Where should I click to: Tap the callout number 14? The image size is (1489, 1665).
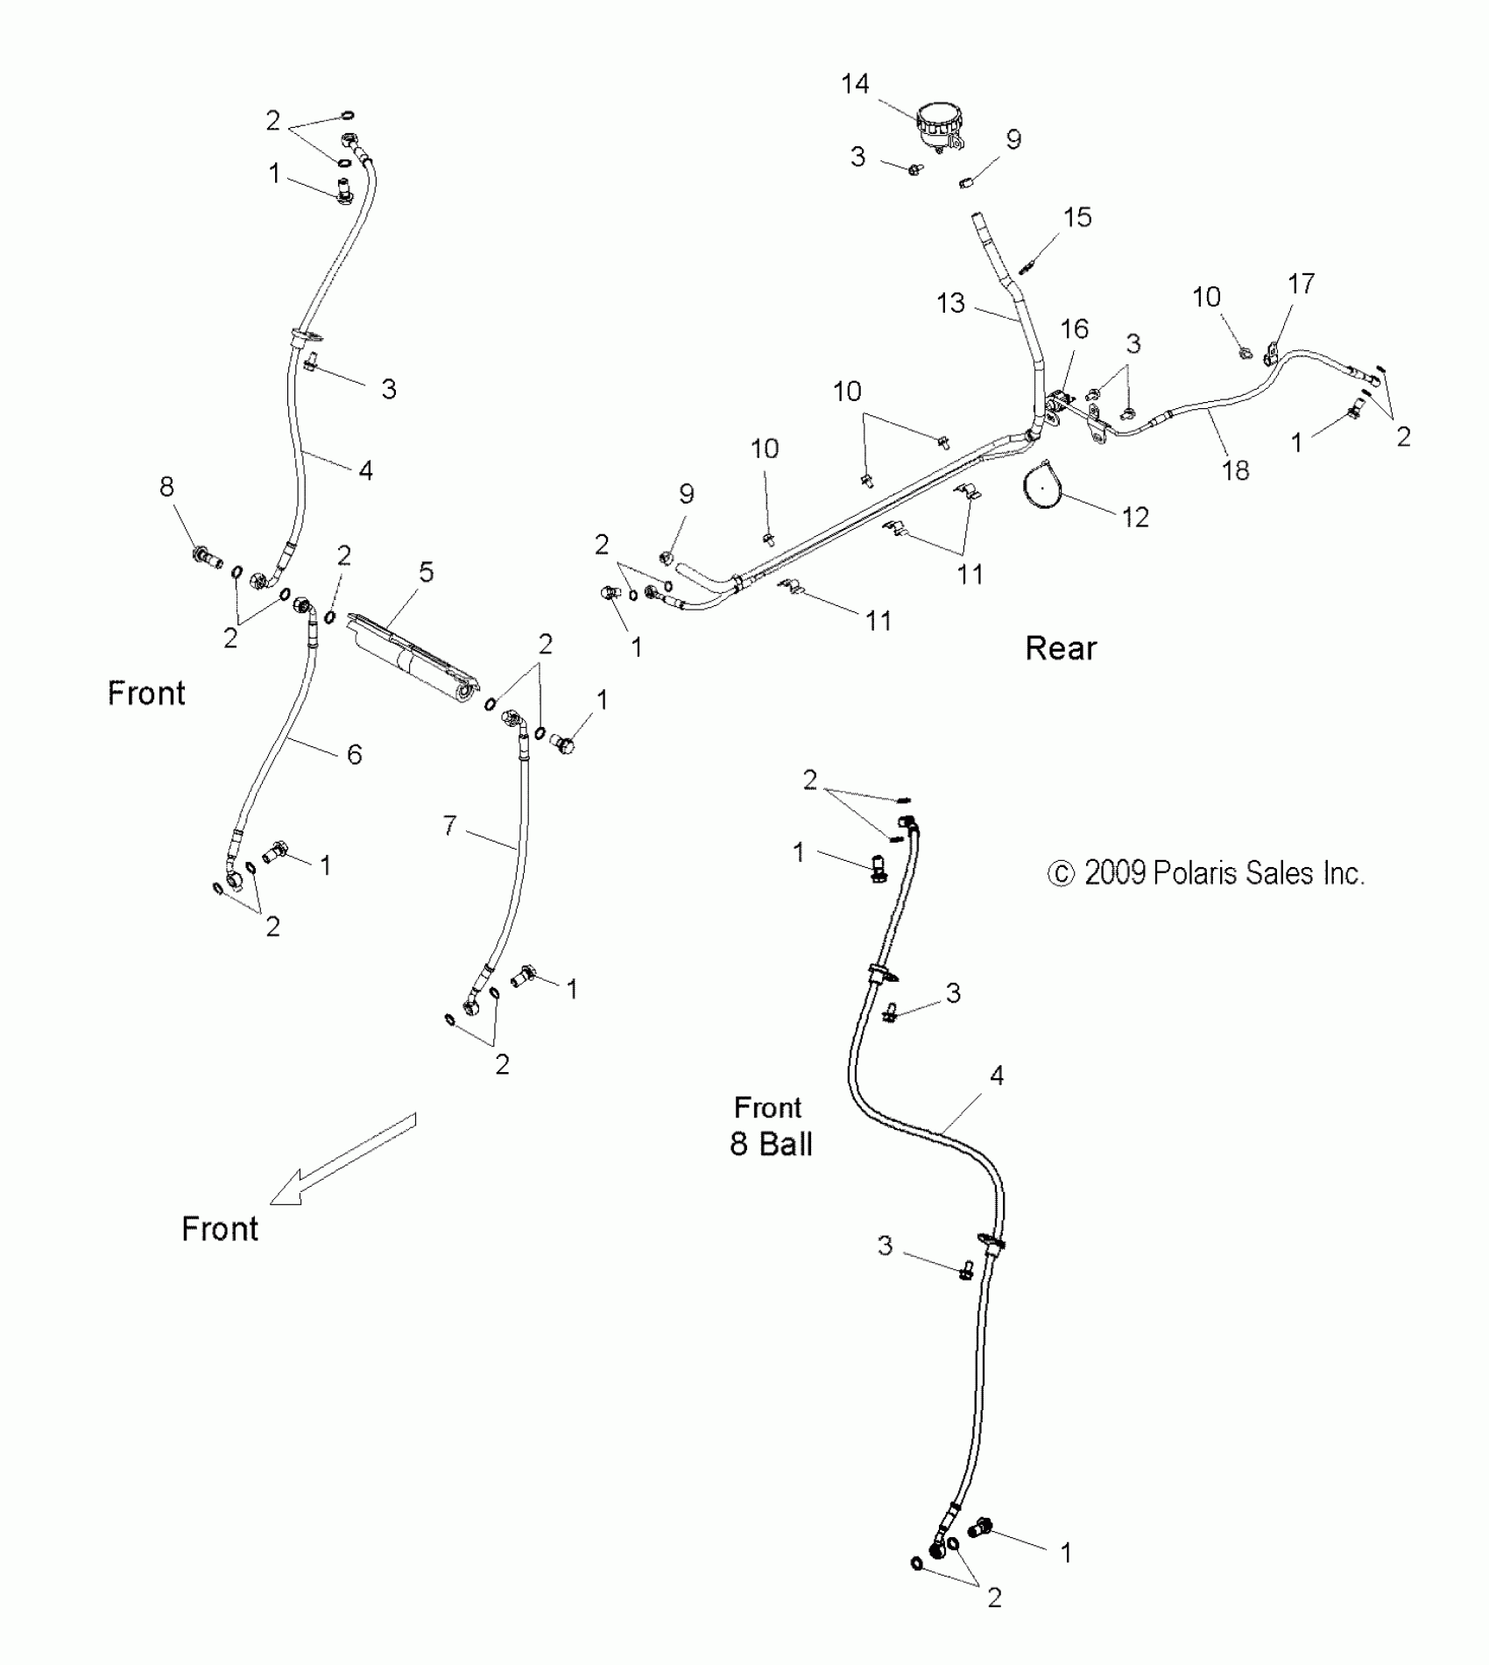855,84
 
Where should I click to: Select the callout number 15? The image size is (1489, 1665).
1077,217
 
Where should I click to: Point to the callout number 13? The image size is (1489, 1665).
950,303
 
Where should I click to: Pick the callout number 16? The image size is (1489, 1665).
1075,329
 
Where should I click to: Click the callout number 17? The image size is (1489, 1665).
1301,284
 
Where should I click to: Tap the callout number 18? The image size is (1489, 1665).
1235,471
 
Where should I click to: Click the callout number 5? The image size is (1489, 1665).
426,573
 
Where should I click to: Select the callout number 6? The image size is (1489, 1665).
354,754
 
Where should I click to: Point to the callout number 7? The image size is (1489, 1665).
449,825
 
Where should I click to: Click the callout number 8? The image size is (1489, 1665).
166,487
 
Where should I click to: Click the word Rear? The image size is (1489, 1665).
1061,649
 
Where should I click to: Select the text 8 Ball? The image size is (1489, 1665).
772,1144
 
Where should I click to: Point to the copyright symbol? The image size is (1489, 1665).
1061,873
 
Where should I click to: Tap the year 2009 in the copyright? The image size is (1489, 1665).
1115,873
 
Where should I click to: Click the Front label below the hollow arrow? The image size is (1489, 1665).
220,1229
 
